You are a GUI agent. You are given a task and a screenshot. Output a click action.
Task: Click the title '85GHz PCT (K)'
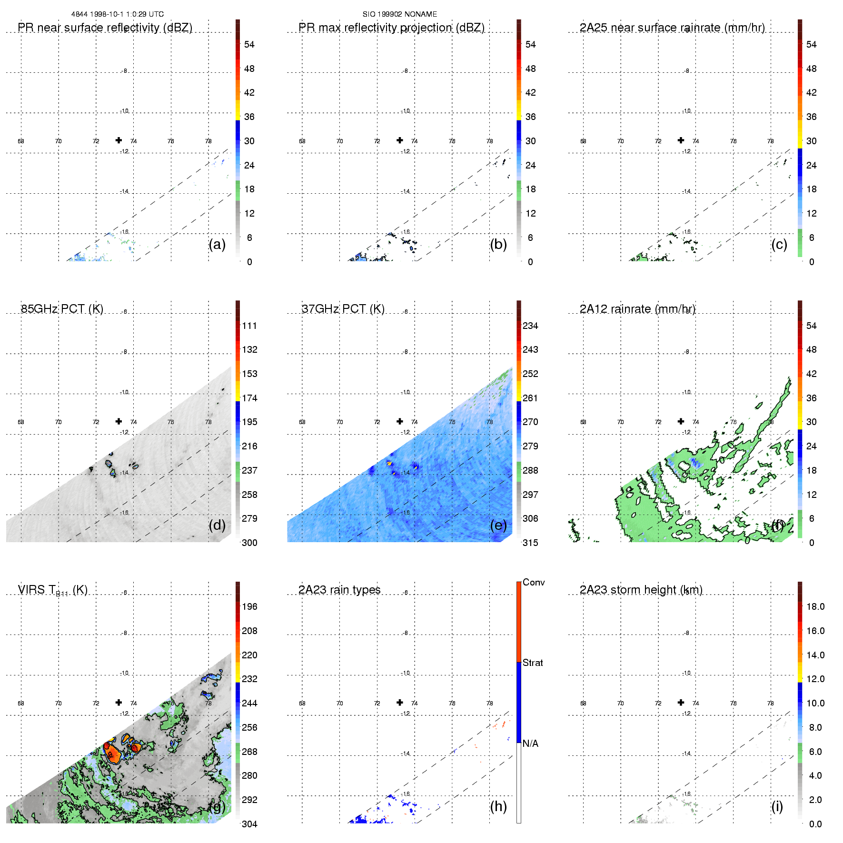click(62, 309)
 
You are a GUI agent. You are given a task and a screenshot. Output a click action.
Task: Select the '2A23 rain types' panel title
click(339, 590)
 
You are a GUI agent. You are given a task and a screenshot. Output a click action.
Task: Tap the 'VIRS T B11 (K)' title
click(52, 590)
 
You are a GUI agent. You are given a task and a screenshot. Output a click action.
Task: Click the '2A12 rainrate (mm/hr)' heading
click(637, 309)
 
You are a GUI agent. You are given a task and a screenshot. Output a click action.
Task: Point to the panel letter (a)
click(217, 244)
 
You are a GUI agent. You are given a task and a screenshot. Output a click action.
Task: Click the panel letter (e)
click(498, 525)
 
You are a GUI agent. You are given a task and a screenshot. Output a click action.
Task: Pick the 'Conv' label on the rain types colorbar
click(534, 582)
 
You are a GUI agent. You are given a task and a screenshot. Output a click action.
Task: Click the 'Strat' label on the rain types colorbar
click(533, 663)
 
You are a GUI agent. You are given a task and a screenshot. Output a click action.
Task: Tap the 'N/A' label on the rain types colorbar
click(530, 744)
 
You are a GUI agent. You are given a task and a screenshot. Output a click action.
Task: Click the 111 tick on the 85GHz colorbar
click(249, 326)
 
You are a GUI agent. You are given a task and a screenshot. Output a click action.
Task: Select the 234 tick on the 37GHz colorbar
click(530, 326)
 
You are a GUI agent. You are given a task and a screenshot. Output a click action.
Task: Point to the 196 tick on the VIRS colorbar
click(249, 606)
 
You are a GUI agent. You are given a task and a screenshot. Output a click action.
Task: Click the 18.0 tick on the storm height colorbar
click(815, 606)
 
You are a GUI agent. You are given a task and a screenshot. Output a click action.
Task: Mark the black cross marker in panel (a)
click(119, 140)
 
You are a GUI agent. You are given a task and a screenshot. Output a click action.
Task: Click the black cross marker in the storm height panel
click(681, 702)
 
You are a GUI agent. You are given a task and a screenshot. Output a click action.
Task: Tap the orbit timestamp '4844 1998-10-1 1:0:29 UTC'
click(117, 14)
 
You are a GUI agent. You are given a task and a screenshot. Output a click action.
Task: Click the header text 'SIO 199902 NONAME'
click(399, 14)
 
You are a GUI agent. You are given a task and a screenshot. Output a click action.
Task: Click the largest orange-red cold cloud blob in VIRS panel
click(112, 754)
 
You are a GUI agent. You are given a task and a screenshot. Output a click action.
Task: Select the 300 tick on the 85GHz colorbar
click(249, 543)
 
